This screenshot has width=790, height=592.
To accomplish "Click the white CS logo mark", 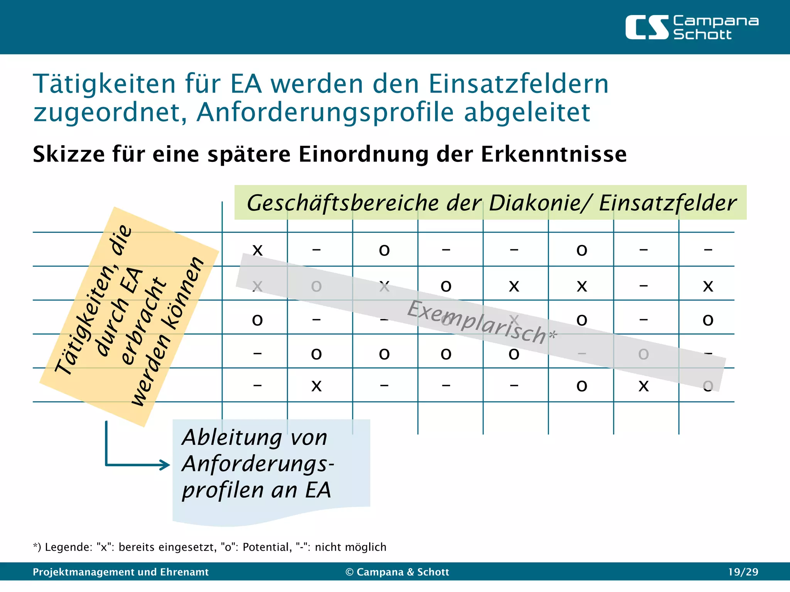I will click(647, 27).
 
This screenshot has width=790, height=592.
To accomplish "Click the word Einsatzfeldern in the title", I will click(518, 84).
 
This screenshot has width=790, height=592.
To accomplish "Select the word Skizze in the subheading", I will click(69, 154).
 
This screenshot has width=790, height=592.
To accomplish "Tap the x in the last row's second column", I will click(316, 386).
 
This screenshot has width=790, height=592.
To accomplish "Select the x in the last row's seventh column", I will click(643, 386).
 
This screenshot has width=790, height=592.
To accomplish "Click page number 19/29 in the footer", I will click(743, 572).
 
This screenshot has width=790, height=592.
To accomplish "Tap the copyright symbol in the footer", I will click(349, 572).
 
